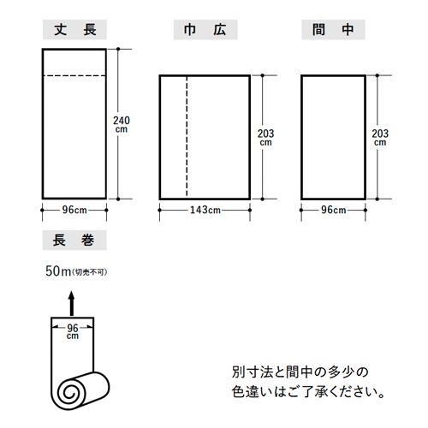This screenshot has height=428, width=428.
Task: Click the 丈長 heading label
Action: (74, 30)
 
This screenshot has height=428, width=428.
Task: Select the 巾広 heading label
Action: (205, 30)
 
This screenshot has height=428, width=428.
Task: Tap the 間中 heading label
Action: (333, 30)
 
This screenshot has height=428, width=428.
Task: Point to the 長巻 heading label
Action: (74, 240)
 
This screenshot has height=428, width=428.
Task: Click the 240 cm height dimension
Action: (122, 124)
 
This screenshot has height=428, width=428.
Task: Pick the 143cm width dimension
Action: (205, 211)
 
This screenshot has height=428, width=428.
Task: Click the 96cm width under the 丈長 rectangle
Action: (74, 211)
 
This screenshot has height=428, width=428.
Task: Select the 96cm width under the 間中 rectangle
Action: (334, 211)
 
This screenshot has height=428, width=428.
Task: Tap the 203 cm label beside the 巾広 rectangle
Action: (266, 138)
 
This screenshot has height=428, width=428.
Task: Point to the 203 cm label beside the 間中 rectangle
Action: (380, 138)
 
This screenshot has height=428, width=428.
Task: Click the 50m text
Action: (58, 271)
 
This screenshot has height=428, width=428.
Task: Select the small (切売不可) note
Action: (90, 272)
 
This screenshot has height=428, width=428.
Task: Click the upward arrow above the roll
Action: (71, 303)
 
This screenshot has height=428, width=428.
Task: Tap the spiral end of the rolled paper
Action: (68, 393)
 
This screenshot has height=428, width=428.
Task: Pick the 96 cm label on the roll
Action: (73, 332)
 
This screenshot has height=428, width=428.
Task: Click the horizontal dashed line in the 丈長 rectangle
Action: (74, 76)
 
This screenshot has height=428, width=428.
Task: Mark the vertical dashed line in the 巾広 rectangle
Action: (187, 137)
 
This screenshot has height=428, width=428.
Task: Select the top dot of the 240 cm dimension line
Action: (118, 49)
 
